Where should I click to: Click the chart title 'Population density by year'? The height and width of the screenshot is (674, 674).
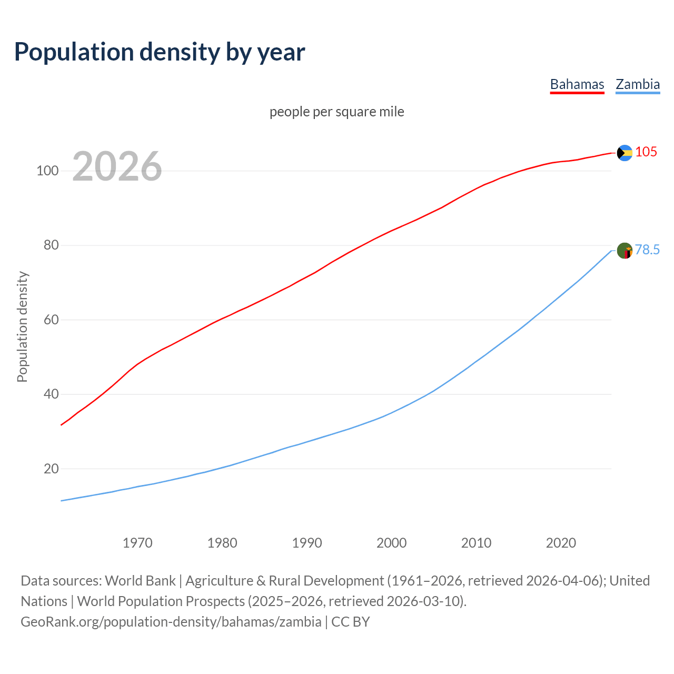click(160, 52)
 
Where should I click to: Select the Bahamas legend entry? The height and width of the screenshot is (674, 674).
click(577, 84)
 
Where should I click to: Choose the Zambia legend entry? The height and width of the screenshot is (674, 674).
click(638, 84)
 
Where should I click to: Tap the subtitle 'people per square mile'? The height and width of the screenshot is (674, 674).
click(337, 112)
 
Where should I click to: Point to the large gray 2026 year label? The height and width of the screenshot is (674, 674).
click(117, 166)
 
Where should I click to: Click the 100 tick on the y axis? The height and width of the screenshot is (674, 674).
click(47, 171)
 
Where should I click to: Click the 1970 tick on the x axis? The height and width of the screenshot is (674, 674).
click(137, 543)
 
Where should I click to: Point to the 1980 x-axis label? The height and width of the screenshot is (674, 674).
click(222, 543)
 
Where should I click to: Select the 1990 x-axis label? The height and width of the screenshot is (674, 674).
click(307, 543)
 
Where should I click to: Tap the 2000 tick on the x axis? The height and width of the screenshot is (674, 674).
click(391, 543)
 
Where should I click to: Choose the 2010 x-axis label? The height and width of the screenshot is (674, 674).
click(476, 543)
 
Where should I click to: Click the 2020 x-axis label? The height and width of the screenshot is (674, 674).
click(561, 543)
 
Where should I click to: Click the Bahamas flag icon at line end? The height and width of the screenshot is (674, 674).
click(625, 153)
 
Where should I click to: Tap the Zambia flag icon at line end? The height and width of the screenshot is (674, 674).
click(625, 251)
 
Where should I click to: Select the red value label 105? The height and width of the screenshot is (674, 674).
click(646, 152)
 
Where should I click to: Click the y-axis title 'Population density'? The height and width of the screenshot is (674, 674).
click(22, 326)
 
